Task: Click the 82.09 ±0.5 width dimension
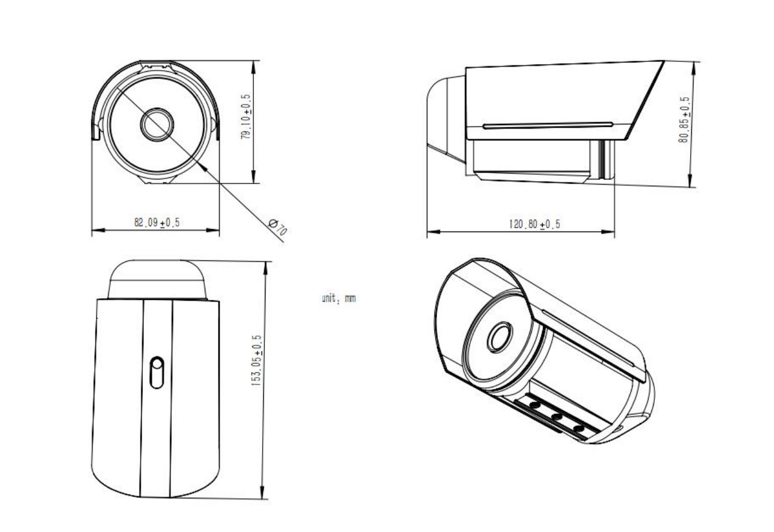tap(157, 223)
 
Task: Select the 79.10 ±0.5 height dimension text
tap(246, 116)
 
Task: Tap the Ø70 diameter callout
tap(278, 227)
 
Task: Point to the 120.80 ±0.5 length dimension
tap(534, 224)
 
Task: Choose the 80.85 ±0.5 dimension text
tap(684, 120)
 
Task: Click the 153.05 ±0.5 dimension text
tap(256, 361)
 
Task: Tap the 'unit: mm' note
tap(338, 298)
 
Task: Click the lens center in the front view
tap(157, 124)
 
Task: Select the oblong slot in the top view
tap(157, 372)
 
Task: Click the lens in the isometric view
tap(500, 337)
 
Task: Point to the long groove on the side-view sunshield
tap(548, 126)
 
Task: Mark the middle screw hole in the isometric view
tap(556, 417)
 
